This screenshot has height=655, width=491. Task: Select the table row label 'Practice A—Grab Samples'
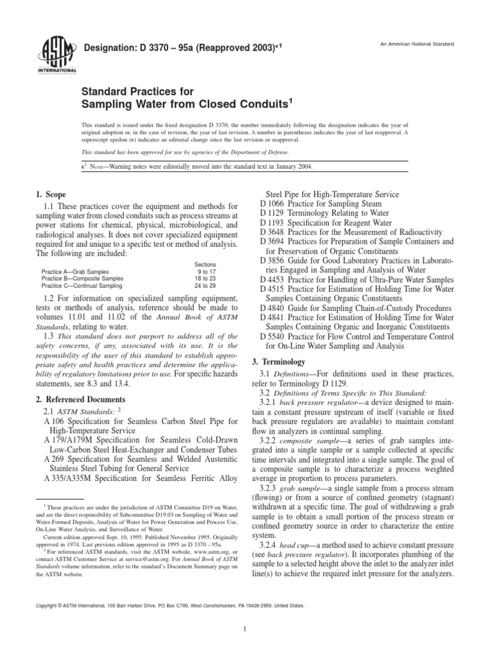pos(74,272)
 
